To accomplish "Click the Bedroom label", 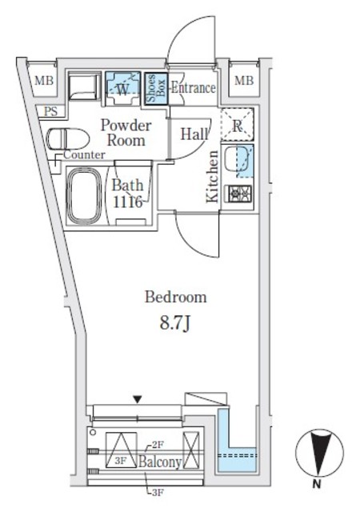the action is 176,298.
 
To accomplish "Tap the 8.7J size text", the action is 174,323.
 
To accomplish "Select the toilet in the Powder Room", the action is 68,138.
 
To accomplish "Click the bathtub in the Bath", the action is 84,195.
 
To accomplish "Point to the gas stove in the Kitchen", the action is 239,193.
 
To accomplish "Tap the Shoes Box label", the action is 156,88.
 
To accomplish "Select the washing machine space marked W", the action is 123,89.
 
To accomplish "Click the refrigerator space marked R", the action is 238,125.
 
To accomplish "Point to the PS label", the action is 51,111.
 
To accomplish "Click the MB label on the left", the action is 44,80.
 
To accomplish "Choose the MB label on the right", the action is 244,80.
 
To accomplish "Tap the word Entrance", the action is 194,88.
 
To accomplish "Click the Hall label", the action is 194,134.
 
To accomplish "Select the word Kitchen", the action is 212,176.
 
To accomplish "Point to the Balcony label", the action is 160,462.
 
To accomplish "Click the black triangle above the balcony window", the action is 138,399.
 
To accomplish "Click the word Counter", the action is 84,154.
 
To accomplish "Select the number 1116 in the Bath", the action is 128,202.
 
